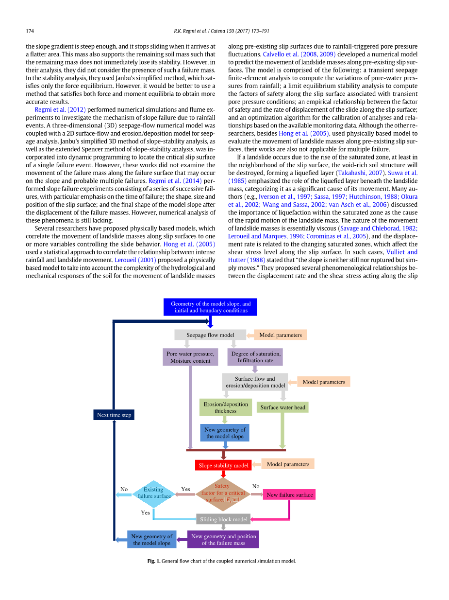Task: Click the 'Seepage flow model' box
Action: click(x=210, y=335)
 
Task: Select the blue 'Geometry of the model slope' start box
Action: click(x=210, y=307)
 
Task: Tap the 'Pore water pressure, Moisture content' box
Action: click(x=190, y=357)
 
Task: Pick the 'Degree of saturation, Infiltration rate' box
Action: click(x=255, y=357)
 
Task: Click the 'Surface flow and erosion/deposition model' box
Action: click(x=255, y=382)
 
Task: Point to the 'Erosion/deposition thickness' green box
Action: click(x=226, y=407)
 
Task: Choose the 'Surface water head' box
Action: click(x=283, y=407)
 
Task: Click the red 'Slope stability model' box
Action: click(x=223, y=465)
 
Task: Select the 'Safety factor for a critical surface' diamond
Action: click(x=223, y=494)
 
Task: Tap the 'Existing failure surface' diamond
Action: click(x=154, y=494)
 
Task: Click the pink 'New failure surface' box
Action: click(x=289, y=495)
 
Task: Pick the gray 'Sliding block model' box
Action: click(x=223, y=519)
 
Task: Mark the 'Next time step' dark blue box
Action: click(x=114, y=415)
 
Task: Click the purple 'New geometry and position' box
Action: click(x=223, y=540)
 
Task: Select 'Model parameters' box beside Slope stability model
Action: click(x=288, y=464)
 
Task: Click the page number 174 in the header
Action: click(x=30, y=31)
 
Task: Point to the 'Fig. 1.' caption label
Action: click(x=153, y=561)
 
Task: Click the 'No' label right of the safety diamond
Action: click(x=256, y=486)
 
